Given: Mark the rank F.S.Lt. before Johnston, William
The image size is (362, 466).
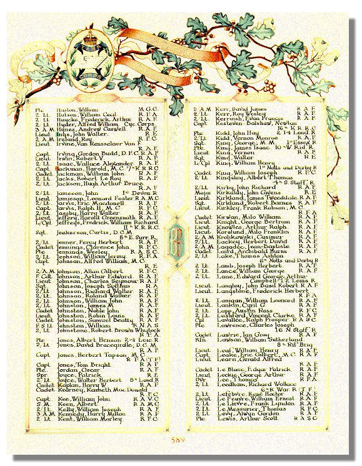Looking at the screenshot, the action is (42, 325).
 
